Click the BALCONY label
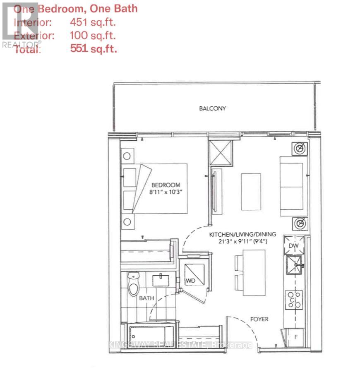tap(212, 108)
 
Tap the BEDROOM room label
tap(166, 185)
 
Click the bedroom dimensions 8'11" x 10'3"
tap(166, 192)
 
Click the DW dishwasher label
tap(293, 246)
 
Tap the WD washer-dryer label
tap(190, 281)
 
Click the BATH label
tap(146, 298)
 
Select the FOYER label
tap(259, 319)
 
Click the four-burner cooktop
tap(293, 300)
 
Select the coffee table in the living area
tap(251, 192)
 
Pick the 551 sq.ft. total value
tap(94, 49)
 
